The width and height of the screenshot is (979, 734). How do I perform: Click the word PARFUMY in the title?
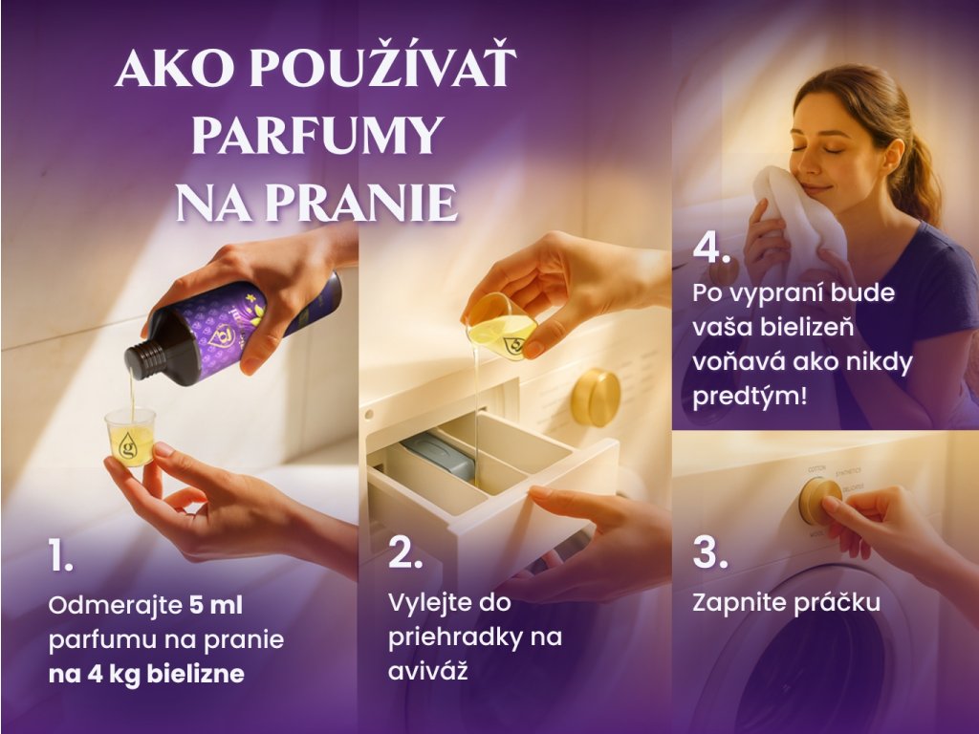pos(317,135)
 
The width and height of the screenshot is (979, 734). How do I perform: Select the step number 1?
pos(60,555)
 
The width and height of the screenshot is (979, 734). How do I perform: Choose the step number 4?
pos(711,248)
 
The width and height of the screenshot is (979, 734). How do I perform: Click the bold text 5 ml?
pos(216,605)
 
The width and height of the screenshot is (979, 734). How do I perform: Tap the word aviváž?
pos(427,671)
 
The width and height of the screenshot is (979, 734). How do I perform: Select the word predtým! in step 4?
pos(750,396)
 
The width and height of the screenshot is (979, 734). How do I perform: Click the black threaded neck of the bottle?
pos(141,360)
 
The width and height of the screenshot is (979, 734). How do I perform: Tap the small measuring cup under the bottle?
pos(130,436)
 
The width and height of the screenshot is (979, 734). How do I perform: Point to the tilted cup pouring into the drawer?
pos(501,327)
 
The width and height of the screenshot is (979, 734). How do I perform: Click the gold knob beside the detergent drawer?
pos(596,398)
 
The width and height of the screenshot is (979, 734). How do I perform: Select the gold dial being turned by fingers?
pos(819,501)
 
